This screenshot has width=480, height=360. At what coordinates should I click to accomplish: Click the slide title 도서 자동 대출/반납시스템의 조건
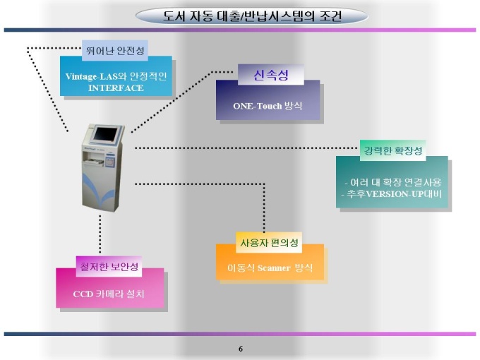tap(251, 16)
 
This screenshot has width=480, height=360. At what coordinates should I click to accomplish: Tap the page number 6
tap(241, 349)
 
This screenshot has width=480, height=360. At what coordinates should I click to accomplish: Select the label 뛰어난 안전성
tap(115, 51)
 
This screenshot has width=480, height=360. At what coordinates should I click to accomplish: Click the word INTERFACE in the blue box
tap(116, 88)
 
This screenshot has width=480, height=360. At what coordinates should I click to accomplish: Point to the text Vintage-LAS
tap(90, 76)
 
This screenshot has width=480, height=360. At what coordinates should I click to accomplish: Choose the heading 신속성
tap(271, 74)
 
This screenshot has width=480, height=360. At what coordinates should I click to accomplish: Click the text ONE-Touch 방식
tap(268, 106)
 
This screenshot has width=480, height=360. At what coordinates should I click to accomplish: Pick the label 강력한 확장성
tap(393, 150)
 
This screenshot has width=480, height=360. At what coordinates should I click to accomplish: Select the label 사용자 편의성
tap(269, 243)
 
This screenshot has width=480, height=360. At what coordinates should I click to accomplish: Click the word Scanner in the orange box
tap(274, 268)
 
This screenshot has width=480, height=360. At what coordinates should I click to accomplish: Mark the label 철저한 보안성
tap(109, 267)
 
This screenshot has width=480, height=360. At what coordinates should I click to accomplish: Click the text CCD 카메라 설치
tap(109, 294)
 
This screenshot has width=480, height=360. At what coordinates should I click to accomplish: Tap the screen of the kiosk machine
tap(105, 134)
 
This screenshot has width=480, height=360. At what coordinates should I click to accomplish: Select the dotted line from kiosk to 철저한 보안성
tap(100, 234)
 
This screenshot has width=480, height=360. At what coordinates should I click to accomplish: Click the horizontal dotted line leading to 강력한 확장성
tap(246, 148)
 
